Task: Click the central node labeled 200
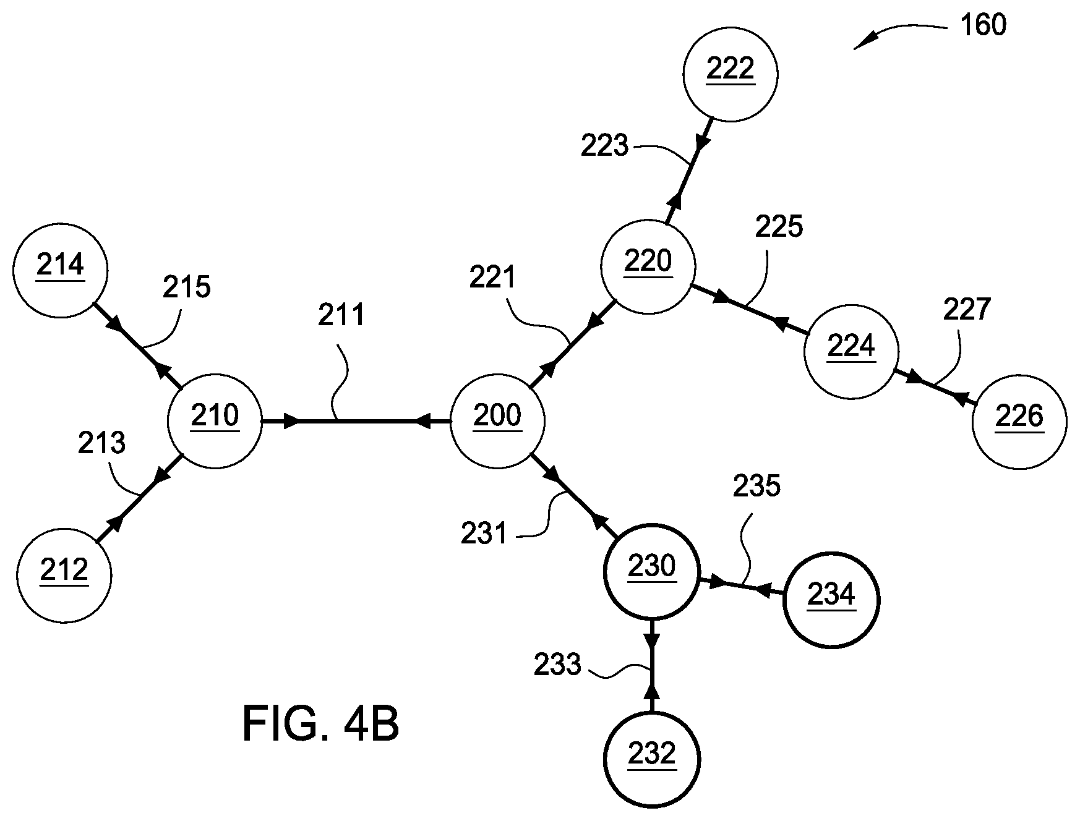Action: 497,422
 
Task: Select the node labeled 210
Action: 215,422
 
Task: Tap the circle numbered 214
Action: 60,270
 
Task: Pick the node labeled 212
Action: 64,575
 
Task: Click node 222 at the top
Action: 730,74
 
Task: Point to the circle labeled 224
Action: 851,351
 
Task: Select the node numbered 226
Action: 1019,421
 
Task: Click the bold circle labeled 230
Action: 651,572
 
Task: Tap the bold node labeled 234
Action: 831,600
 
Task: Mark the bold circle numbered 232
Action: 651,759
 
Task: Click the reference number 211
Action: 342,315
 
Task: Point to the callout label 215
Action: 187,287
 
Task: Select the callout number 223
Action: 604,147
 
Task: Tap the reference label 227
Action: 967,309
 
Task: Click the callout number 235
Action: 757,487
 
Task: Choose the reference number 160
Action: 984,25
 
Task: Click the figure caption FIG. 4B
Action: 320,724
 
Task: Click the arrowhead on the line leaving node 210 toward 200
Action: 291,422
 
